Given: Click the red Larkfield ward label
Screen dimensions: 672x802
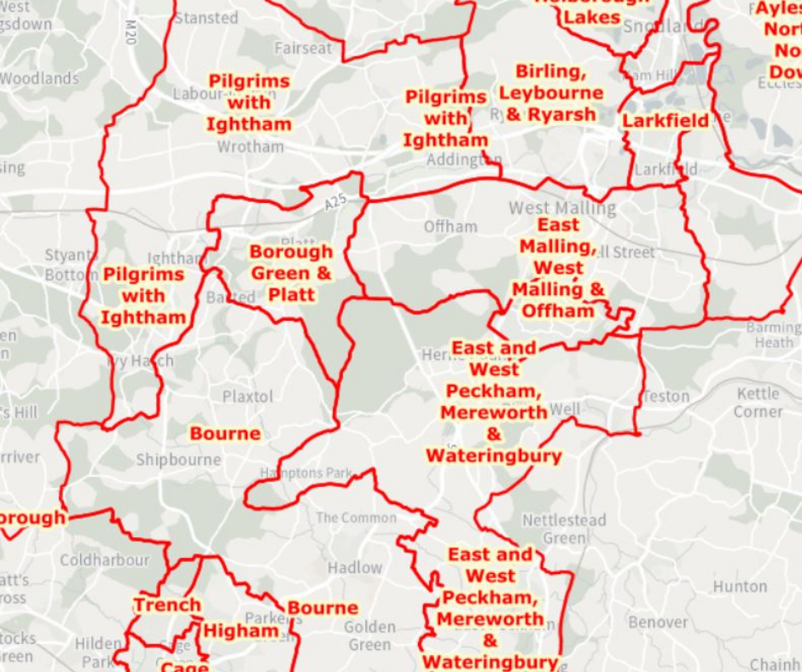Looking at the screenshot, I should [x=665, y=120].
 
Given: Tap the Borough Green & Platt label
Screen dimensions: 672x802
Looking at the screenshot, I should [x=291, y=273].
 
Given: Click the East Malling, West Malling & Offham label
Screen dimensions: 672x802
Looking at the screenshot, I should [x=558, y=268].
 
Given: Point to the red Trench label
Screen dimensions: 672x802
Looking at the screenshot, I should [x=167, y=605].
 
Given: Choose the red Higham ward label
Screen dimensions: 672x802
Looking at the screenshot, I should [x=241, y=630].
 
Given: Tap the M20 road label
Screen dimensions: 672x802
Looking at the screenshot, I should [x=130, y=33].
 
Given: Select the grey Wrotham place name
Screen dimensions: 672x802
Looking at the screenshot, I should [x=250, y=147].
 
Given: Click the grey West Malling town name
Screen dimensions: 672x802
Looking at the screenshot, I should [x=561, y=208].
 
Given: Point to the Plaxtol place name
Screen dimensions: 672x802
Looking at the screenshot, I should [x=247, y=397].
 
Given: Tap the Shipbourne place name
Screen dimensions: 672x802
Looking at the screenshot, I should [x=178, y=460].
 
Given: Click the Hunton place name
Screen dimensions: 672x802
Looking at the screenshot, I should [x=740, y=587].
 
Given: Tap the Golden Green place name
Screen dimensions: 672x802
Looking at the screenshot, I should [x=369, y=636].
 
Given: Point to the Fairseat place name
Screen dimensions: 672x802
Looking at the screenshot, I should [x=303, y=49].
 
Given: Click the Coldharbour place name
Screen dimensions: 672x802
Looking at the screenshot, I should [x=104, y=560].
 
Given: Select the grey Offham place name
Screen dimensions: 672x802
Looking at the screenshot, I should [x=450, y=226].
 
